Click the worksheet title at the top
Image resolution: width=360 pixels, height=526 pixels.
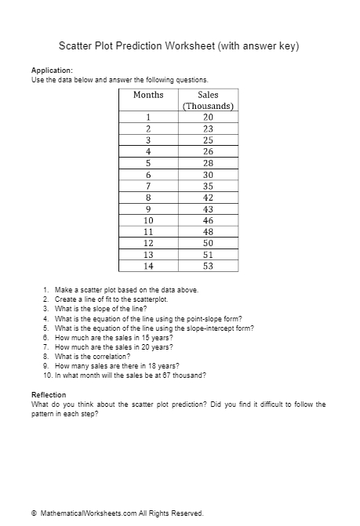pyautogui.click(x=180, y=46)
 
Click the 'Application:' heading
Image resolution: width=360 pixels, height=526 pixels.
pyautogui.click(x=52, y=71)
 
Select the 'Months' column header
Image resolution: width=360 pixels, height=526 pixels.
pyautogui.click(x=148, y=95)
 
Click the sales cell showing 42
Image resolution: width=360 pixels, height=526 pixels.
pyautogui.click(x=208, y=198)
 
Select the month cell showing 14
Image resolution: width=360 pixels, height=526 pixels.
pyautogui.click(x=148, y=267)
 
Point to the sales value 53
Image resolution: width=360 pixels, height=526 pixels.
pyautogui.click(x=208, y=267)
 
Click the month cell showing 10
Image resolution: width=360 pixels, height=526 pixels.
pyautogui.click(x=148, y=221)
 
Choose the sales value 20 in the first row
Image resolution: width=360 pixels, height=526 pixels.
pyautogui.click(x=208, y=118)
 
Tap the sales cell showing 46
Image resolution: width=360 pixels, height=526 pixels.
pyautogui.click(x=208, y=221)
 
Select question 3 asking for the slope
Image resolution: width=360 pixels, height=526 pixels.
pyautogui.click(x=99, y=309)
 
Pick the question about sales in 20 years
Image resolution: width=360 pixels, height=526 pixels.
pyautogui.click(x=113, y=346)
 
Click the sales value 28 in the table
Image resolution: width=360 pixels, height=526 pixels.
pyautogui.click(x=208, y=164)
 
